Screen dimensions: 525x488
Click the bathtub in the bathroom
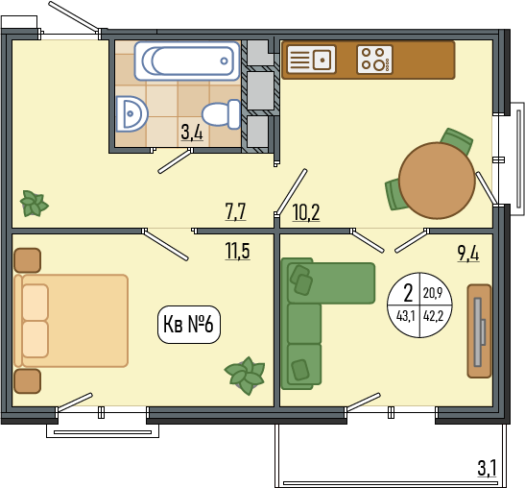coord(187,61)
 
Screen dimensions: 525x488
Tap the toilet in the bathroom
coord(222,114)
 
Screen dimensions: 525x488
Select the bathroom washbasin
coord(131,114)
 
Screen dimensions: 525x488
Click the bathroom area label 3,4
coord(192,132)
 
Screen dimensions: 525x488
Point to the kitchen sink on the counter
coord(311,60)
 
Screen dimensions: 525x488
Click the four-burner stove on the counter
coord(374,60)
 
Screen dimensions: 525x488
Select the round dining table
coord(437,181)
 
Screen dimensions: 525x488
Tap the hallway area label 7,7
coord(236,212)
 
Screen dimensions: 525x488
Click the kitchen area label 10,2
coord(306,212)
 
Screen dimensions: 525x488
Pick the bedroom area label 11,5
coord(237,251)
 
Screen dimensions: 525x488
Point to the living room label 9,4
coord(468,253)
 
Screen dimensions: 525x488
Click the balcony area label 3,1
coord(487,468)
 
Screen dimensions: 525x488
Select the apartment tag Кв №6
coord(189,325)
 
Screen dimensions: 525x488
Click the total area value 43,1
coord(405,316)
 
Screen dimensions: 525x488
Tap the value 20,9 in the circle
coord(433,293)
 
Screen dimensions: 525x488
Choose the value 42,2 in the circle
coord(433,316)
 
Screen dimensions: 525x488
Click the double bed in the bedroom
coord(71,321)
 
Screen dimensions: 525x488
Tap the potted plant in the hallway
coord(34,203)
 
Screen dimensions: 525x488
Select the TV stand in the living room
coord(480,331)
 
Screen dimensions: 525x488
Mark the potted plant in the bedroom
coord(246,376)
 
